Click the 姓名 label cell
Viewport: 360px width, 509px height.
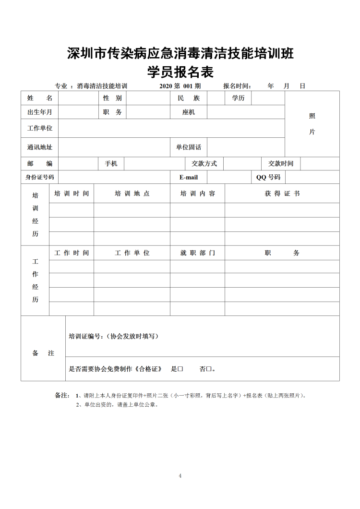(x=40, y=98)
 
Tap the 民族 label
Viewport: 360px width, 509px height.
(x=189, y=98)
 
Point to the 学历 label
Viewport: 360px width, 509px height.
(x=238, y=98)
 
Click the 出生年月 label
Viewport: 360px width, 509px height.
(x=40, y=112)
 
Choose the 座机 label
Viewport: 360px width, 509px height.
(x=189, y=112)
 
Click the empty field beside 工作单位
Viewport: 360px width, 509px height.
(x=171, y=128)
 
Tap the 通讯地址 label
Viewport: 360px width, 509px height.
(x=40, y=147)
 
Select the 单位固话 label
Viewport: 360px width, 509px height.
(x=189, y=147)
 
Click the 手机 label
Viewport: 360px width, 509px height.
(x=111, y=164)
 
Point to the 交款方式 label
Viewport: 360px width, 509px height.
(x=204, y=164)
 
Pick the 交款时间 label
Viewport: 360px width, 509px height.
(x=281, y=164)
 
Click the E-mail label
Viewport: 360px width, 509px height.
(x=189, y=177)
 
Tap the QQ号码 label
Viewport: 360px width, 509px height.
(x=268, y=177)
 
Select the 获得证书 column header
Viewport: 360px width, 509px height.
(x=282, y=194)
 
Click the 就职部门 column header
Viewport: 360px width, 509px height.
(x=197, y=253)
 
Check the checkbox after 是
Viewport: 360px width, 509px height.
(x=181, y=369)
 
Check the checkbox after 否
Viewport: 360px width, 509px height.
(x=209, y=369)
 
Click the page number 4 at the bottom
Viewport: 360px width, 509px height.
(x=180, y=476)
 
